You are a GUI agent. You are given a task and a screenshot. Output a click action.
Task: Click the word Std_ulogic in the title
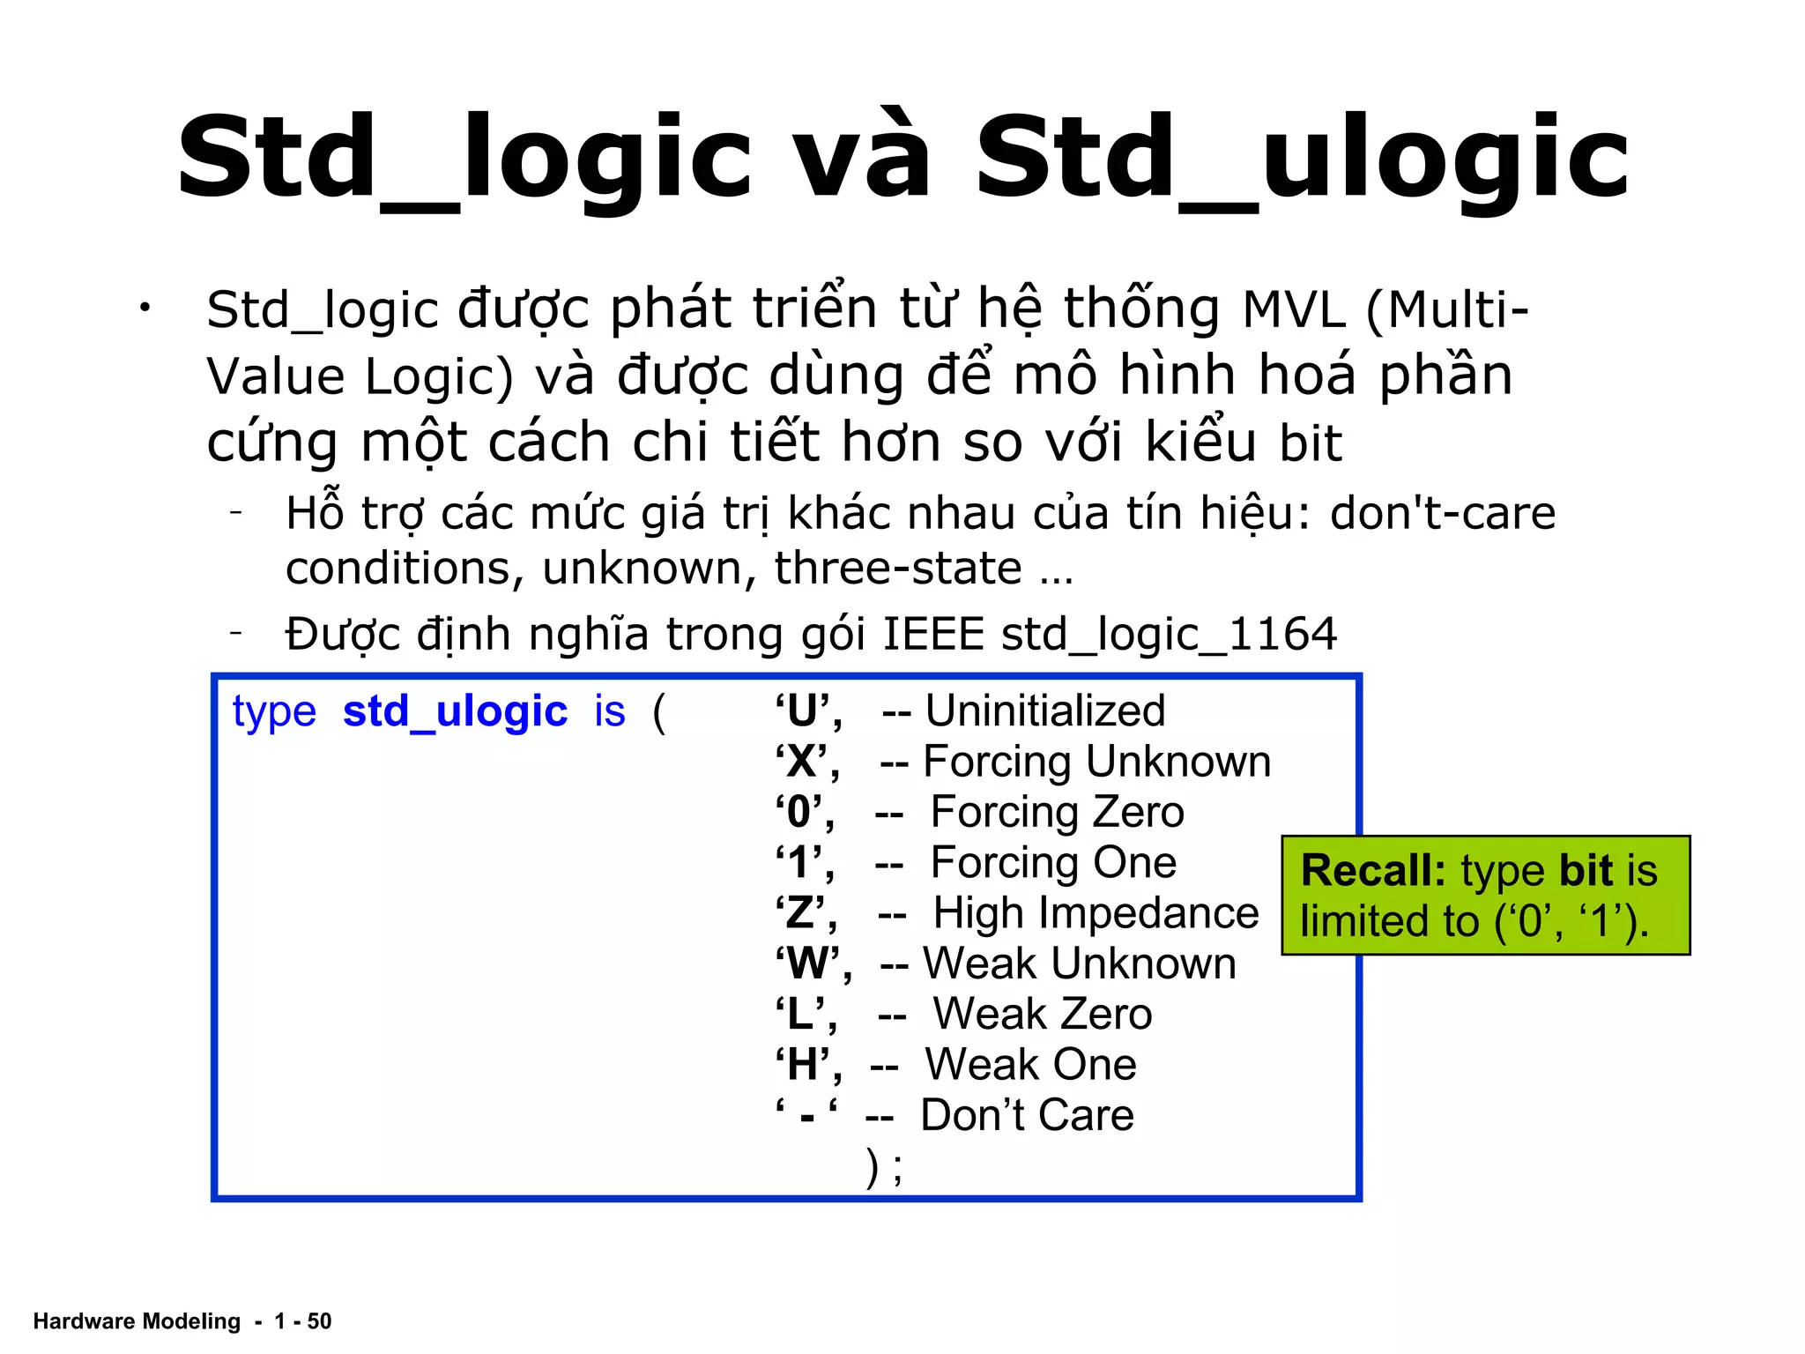pos(1302,159)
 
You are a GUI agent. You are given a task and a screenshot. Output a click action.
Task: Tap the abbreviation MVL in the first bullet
pos(1294,309)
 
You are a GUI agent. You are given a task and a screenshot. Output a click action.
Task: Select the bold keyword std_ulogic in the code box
pos(455,710)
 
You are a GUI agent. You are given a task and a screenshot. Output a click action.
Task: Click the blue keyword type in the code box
pos(274,710)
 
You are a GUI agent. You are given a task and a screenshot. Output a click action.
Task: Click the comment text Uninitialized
pos(1044,710)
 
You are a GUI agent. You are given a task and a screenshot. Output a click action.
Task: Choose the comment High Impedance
pos(1096,913)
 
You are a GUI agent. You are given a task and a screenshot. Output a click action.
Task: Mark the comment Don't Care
pos(1027,1115)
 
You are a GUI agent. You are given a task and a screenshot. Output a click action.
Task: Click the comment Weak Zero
pos(1042,1015)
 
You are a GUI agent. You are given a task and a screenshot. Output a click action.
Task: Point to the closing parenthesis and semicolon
pos(884,1168)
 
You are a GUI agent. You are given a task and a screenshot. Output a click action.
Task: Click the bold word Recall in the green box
pos(1372,871)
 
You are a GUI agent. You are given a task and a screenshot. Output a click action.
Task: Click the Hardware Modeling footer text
pos(137,1321)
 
